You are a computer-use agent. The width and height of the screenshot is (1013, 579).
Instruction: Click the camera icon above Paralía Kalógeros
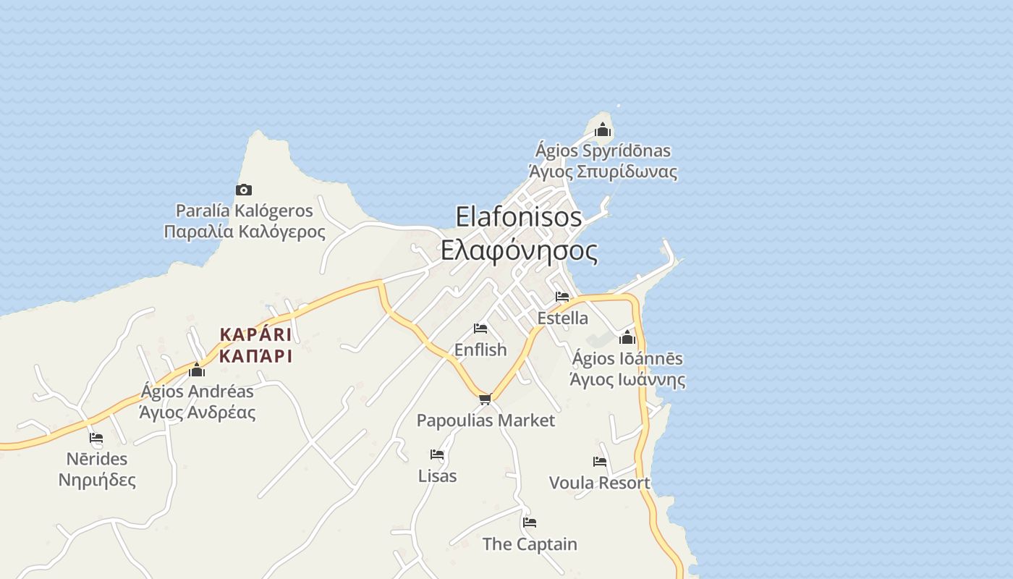[244, 190]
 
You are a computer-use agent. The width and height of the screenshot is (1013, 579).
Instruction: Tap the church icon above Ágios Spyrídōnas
[603, 130]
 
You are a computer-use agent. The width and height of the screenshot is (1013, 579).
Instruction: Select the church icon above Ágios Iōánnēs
[627, 337]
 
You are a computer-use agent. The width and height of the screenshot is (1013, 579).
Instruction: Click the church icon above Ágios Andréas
[197, 371]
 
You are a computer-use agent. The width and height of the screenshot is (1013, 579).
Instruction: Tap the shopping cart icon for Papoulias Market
[486, 399]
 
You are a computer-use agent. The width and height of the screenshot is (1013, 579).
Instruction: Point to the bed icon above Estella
[562, 297]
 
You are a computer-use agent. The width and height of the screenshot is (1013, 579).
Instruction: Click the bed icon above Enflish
[480, 329]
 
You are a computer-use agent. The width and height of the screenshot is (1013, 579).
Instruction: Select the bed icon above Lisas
[437, 455]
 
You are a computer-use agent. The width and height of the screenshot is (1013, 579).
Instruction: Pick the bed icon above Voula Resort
[600, 462]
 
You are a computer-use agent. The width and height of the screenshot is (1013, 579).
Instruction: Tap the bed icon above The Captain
[530, 523]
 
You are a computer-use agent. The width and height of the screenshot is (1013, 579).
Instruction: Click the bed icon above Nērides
[96, 438]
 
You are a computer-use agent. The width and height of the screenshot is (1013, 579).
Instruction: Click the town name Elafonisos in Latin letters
[519, 216]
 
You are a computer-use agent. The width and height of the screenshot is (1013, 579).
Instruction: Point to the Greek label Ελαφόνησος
[519, 251]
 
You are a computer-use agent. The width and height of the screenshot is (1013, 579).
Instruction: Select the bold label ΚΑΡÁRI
[255, 334]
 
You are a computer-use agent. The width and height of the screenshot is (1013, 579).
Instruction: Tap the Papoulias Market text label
[486, 420]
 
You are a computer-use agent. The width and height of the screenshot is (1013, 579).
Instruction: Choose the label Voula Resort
[599, 483]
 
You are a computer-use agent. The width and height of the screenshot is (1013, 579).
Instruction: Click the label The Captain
[530, 544]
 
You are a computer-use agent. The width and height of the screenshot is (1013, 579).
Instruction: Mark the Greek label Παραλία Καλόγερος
[245, 232]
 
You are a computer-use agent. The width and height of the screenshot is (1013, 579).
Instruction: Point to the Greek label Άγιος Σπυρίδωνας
[603, 172]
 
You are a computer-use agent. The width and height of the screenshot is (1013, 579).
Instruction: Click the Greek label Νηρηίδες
[97, 480]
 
